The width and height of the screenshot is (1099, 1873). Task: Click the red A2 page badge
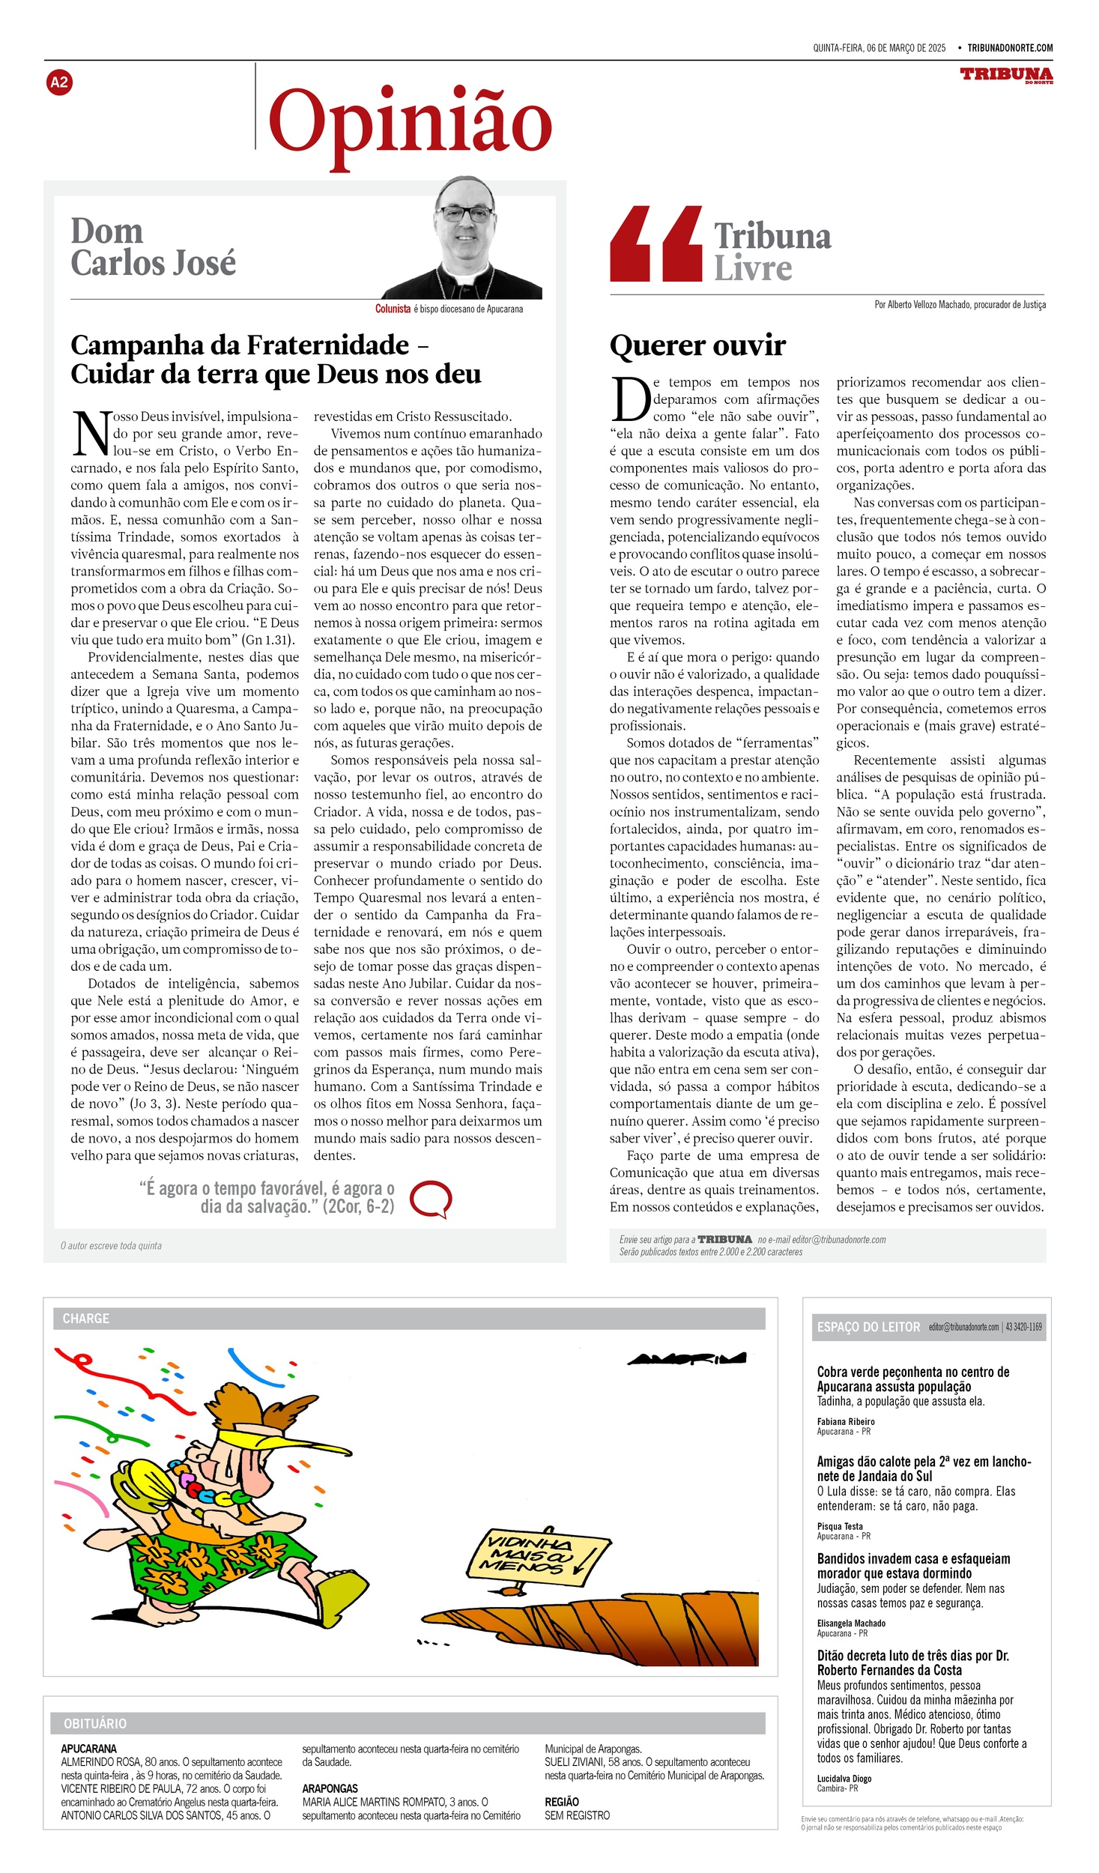point(59,82)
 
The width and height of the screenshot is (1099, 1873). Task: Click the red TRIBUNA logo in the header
point(1006,74)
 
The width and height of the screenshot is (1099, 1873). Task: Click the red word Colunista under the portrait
point(393,309)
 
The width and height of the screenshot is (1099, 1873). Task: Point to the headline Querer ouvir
point(697,345)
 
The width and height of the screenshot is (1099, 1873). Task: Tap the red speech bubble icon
point(432,1199)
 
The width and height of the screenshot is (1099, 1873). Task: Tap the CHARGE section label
point(86,1319)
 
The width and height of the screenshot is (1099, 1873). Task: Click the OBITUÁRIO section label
point(95,1724)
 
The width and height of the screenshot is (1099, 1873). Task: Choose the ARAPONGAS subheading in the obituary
point(330,1788)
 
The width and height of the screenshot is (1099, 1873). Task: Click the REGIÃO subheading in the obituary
point(562,1802)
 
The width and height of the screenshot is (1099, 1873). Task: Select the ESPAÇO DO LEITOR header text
point(868,1327)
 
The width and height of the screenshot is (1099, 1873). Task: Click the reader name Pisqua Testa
point(840,1526)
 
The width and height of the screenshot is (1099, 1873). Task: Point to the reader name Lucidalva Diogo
point(844,1779)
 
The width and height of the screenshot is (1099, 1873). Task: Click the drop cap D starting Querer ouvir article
point(630,399)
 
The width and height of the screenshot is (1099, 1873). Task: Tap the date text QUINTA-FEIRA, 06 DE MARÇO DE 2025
point(879,48)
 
